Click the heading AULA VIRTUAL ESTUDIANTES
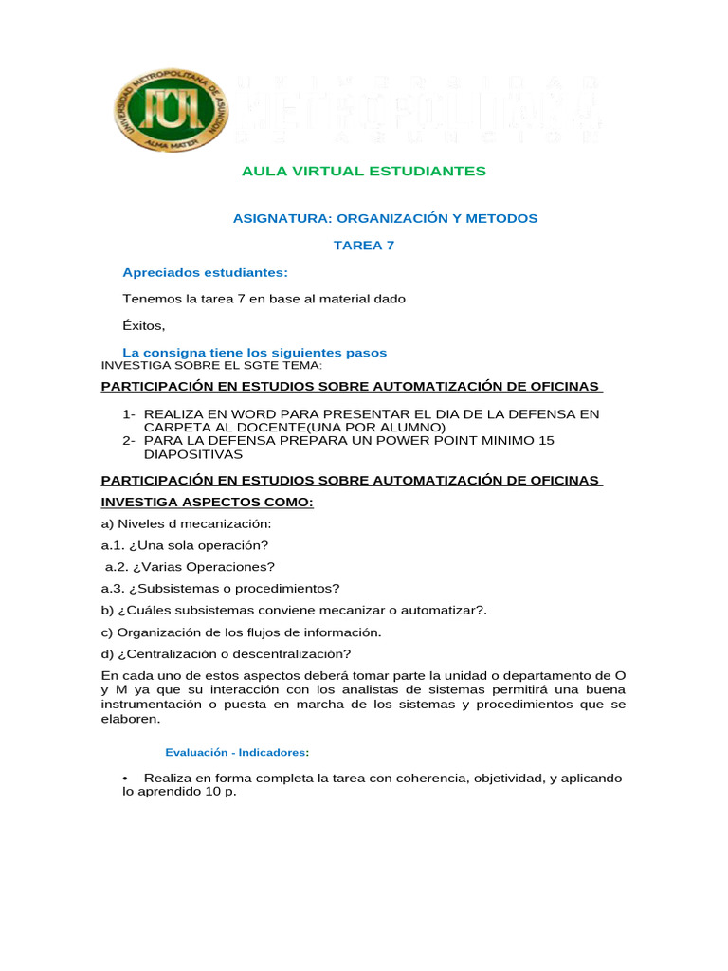(364, 171)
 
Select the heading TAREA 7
(364, 245)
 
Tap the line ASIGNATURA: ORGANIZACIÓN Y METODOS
(385, 218)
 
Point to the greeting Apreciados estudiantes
(205, 272)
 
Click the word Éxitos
(143, 325)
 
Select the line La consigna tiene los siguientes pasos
(255, 352)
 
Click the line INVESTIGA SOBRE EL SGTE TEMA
(211, 365)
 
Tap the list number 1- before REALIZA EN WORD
(129, 414)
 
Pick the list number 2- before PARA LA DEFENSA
(129, 440)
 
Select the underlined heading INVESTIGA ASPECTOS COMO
(207, 502)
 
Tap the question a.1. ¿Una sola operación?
(185, 545)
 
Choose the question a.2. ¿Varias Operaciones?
(190, 567)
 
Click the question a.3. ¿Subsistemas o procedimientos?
(220, 588)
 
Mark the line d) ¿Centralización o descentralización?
(226, 653)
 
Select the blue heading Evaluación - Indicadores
(237, 752)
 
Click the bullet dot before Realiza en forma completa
(125, 779)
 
